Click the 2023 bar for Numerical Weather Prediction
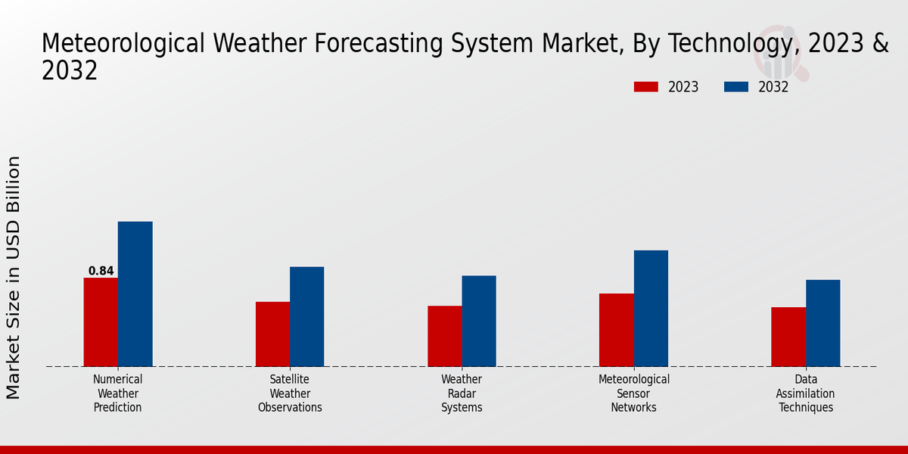pos(101,322)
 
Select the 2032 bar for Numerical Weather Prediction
pos(135,294)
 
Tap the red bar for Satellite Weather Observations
pos(272,334)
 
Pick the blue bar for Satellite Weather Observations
pos(306,316)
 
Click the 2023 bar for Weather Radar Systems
pos(444,336)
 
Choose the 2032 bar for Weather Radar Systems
pos(479,321)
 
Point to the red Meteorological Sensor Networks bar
pos(616,330)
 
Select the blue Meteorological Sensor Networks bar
pos(651,309)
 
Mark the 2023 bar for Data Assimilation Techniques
pos(788,337)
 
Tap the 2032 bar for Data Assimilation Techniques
pos(822,323)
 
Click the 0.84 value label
pos(101,271)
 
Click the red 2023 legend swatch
pos(645,87)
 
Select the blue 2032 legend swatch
pos(735,87)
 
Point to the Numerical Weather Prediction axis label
pos(117,393)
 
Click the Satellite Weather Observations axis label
pos(290,393)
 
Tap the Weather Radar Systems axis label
pos(462,393)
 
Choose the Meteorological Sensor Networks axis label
pos(634,393)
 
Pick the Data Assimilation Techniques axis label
pos(805,393)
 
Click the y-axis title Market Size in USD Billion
pos(14,277)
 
